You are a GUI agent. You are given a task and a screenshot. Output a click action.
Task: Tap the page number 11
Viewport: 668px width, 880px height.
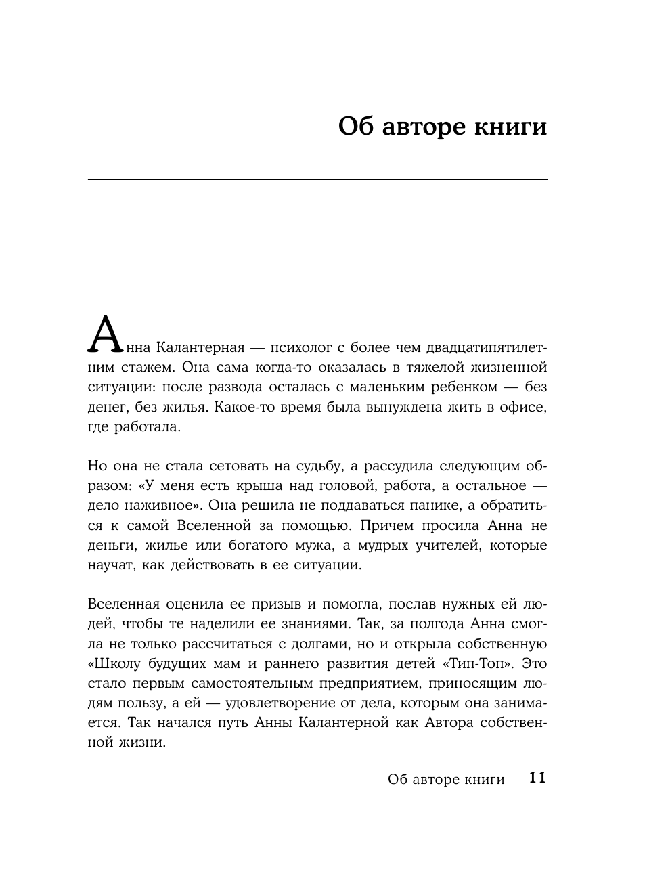[x=537, y=778]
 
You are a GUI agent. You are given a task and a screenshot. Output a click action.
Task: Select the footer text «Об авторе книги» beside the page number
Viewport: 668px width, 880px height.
[x=446, y=779]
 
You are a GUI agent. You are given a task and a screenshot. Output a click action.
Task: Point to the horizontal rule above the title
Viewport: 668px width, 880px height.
[x=317, y=83]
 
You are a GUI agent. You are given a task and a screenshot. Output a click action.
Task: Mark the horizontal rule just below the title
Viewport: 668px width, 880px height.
[x=317, y=179]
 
